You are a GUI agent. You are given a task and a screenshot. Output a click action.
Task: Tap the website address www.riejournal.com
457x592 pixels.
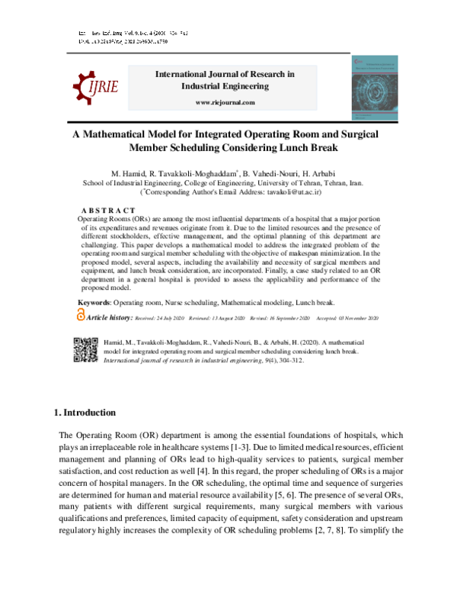(x=225, y=102)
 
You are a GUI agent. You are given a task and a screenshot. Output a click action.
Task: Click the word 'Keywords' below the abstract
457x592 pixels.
(x=95, y=303)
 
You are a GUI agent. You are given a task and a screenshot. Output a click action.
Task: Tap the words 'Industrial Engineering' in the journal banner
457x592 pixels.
(x=225, y=87)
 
